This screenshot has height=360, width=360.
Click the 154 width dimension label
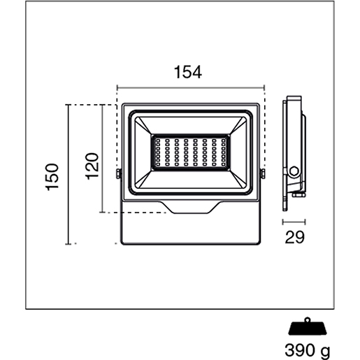188,72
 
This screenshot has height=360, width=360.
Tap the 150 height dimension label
52,177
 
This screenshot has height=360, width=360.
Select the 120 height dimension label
92,166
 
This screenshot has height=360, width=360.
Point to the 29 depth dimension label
294,237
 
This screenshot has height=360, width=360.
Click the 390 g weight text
308,350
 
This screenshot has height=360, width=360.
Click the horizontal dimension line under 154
191,88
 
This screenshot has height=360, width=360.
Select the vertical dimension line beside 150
68,175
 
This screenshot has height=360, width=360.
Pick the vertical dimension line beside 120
102,159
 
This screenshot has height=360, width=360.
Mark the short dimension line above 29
294,222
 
